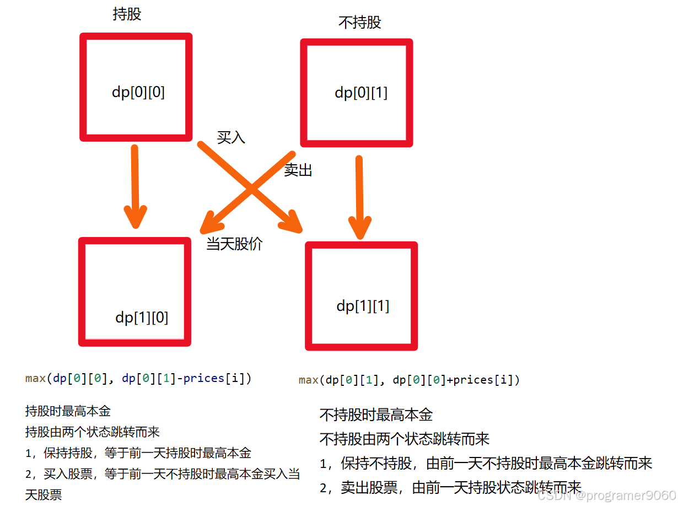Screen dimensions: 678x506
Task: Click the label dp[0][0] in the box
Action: [138, 93]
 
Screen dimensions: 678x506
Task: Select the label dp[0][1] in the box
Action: [361, 93]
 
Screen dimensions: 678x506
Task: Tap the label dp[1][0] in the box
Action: [142, 317]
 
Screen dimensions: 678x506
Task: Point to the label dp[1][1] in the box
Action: [363, 306]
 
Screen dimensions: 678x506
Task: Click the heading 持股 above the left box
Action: [127, 14]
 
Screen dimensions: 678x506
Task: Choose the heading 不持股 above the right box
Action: [359, 23]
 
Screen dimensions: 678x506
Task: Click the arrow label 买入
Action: [230, 137]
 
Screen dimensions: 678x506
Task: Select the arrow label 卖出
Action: [298, 170]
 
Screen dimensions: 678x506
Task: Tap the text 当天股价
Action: [234, 244]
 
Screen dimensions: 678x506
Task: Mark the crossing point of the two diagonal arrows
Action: [251, 189]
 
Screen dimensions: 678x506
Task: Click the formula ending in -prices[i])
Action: [138, 379]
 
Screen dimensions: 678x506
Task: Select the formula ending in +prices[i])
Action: [409, 380]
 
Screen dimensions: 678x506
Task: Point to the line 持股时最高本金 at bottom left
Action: [68, 411]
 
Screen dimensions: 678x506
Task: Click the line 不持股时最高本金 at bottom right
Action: [376, 415]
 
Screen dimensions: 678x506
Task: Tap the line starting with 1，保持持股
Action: [138, 453]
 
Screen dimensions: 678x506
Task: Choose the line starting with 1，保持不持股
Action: [486, 463]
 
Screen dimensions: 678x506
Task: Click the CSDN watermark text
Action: [606, 495]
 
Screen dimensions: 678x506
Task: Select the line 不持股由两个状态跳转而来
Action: [405, 439]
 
